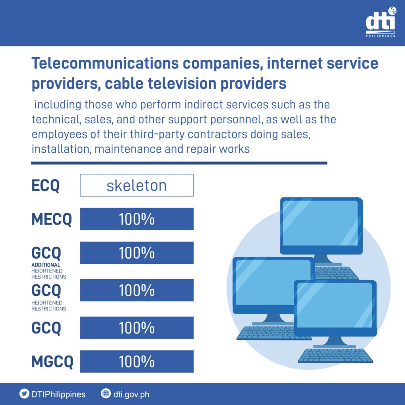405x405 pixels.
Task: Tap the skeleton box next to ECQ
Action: tap(136, 185)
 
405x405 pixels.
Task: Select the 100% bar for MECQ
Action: tap(136, 219)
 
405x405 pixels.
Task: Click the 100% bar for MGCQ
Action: tap(136, 361)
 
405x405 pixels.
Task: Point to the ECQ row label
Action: tap(45, 185)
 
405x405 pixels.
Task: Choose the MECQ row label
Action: tap(52, 219)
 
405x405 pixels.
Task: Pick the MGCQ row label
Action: tap(53, 361)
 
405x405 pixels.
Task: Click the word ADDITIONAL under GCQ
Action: tap(46, 265)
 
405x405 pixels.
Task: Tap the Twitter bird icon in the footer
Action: tap(24, 394)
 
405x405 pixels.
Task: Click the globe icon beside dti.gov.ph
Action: tap(106, 394)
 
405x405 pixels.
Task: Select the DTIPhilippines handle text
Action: tap(59, 394)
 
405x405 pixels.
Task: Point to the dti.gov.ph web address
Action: tap(131, 395)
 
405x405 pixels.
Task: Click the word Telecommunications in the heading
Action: tap(105, 63)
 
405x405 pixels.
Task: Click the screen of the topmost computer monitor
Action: tap(320, 223)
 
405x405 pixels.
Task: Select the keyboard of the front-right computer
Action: tap(335, 356)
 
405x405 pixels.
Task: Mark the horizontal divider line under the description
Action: tap(179, 163)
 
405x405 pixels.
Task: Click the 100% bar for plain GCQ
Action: tap(136, 327)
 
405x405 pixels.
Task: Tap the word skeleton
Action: tap(136, 186)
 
